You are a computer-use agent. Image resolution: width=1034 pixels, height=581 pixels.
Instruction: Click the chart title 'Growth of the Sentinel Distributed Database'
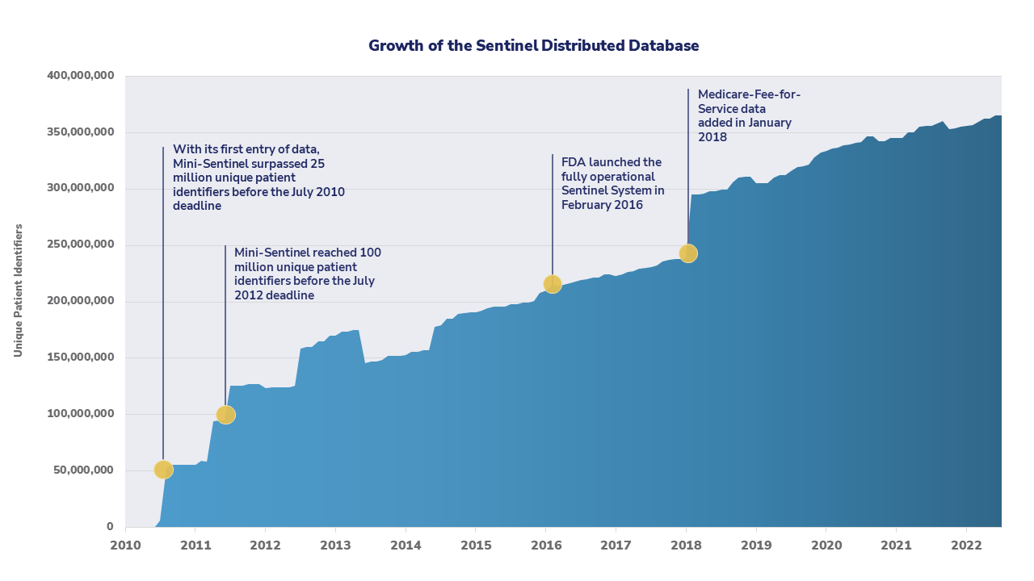[533, 46]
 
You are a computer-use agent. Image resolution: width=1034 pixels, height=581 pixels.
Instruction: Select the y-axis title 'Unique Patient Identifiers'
[18, 290]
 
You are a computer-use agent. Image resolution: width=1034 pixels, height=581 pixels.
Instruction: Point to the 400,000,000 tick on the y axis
[80, 76]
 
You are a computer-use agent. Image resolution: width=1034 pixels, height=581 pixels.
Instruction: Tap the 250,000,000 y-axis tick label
[80, 245]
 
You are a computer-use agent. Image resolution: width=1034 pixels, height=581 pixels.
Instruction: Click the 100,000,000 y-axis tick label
[80, 415]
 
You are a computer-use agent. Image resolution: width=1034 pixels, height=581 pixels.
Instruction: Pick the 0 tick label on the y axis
[109, 527]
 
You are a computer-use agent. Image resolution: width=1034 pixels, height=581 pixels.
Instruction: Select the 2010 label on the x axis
[125, 545]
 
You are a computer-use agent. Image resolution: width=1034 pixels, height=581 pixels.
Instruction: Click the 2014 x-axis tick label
[406, 545]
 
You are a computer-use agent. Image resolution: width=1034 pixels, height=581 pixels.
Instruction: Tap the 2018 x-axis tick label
[686, 545]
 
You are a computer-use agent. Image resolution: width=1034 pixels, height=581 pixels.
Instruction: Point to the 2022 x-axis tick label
[966, 545]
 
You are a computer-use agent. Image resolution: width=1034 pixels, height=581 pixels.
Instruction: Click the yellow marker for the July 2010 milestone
[163, 470]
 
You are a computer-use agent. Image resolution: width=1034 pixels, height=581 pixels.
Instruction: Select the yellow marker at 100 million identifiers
[226, 415]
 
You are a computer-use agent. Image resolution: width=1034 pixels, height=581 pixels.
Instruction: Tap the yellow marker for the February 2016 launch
[553, 284]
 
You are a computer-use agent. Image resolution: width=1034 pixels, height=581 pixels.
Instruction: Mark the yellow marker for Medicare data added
[688, 253]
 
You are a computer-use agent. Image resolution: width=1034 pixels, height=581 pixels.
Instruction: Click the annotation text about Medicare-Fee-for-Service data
[749, 115]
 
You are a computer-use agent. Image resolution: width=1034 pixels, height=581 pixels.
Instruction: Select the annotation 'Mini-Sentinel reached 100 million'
[307, 274]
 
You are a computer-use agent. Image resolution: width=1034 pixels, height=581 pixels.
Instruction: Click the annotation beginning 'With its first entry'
[259, 178]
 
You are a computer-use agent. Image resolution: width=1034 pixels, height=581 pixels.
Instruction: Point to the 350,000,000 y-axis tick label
[80, 132]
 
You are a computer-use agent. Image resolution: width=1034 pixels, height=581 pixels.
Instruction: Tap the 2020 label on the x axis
[826, 545]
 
